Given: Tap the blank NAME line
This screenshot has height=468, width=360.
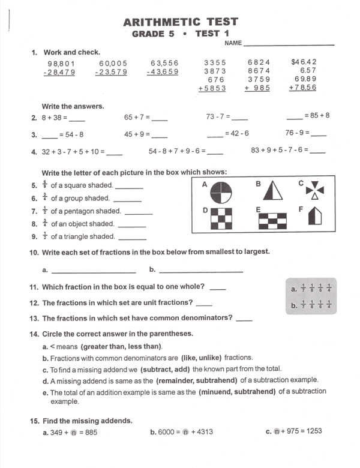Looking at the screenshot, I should (289, 44).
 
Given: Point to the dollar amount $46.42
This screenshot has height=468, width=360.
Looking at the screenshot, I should (304, 62).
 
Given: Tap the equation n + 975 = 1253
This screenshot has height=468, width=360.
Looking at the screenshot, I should (298, 431).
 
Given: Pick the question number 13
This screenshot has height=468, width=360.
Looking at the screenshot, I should (34, 319).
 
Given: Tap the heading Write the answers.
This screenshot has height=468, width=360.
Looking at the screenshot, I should (73, 106).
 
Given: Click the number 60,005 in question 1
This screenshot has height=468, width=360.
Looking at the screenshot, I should (113, 63).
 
